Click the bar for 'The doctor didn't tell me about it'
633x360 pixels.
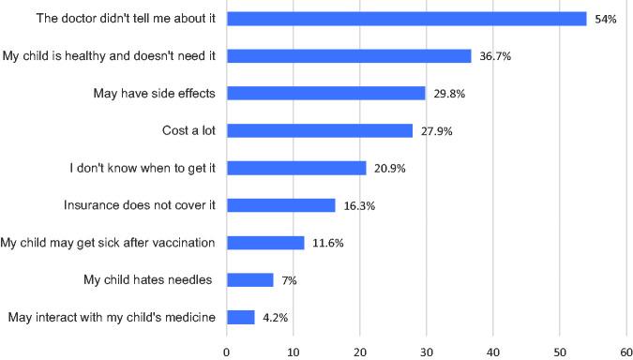(x=406, y=19)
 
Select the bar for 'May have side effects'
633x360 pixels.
(x=325, y=93)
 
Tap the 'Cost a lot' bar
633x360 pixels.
(x=320, y=130)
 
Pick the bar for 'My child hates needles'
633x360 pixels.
(x=249, y=279)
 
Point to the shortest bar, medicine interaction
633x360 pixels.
(x=240, y=317)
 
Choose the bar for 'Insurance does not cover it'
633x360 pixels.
(x=280, y=205)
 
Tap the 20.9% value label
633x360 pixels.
(x=388, y=169)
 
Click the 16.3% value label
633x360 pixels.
(x=357, y=206)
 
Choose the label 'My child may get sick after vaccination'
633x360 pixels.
(x=108, y=242)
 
